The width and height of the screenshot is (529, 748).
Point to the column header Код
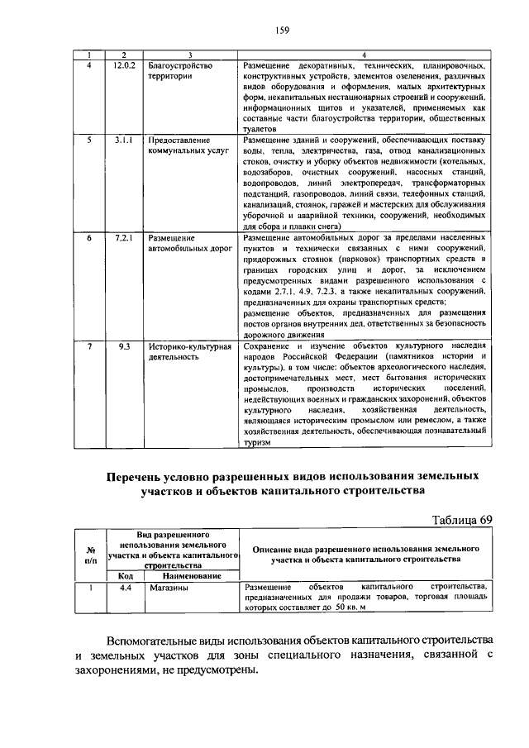point(126,575)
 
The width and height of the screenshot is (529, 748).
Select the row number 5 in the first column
point(89,141)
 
